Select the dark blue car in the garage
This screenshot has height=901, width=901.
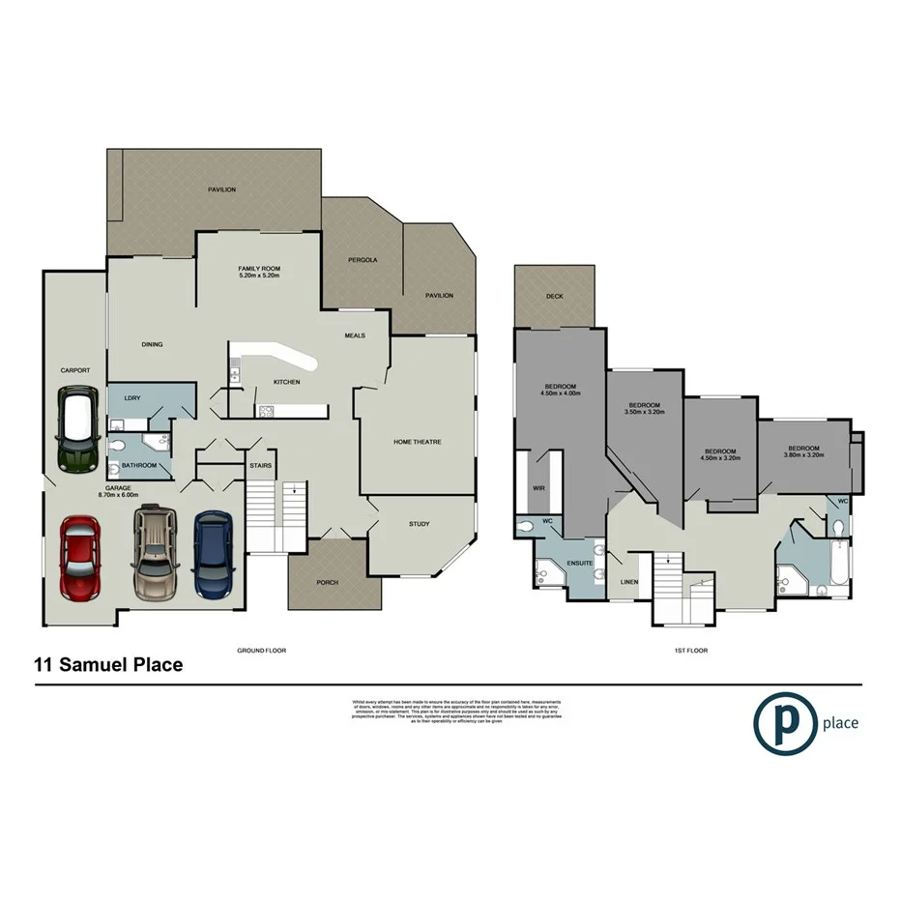pos(213,554)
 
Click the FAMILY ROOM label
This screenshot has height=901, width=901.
pos(259,268)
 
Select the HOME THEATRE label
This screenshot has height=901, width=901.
pos(418,442)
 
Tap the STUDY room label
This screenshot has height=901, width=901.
pos(419,524)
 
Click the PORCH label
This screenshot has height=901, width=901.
pos(327,583)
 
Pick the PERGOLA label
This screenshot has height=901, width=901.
pos(363,260)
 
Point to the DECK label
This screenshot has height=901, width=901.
pos(554,297)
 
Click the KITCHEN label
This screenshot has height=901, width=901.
pos(286,382)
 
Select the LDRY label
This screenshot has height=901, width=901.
pos(131,396)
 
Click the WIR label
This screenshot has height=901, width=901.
pos(538,488)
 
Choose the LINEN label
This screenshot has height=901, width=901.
pos(629,582)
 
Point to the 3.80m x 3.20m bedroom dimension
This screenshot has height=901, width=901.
pos(803,455)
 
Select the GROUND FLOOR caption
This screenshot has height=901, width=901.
pos(262,651)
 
